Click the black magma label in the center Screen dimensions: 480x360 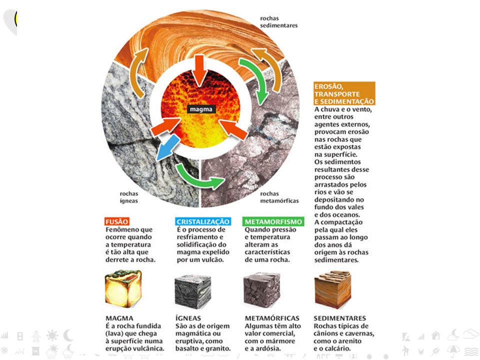[201, 109]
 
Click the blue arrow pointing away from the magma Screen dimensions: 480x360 [167, 147]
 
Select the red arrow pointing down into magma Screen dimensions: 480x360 [199, 70]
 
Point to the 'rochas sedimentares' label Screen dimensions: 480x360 [278, 21]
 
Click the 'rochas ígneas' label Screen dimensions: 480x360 [128, 197]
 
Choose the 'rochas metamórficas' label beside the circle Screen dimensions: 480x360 [279, 197]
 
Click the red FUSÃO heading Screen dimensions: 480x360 [116, 221]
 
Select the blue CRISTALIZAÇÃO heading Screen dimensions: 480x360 [203, 221]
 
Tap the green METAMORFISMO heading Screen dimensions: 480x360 [273, 221]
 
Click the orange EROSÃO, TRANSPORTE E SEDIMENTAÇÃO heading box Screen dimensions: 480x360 [344, 93]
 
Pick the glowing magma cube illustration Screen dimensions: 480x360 [123, 288]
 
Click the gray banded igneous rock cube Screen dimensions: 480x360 [193, 291]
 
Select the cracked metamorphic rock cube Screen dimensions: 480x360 [262, 289]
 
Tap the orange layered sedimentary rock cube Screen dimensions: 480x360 [333, 289]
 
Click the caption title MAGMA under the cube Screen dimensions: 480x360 [119, 318]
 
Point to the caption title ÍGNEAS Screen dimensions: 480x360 [188, 318]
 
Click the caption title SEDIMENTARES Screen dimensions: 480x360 [340, 318]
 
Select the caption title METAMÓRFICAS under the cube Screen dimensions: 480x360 [272, 318]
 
